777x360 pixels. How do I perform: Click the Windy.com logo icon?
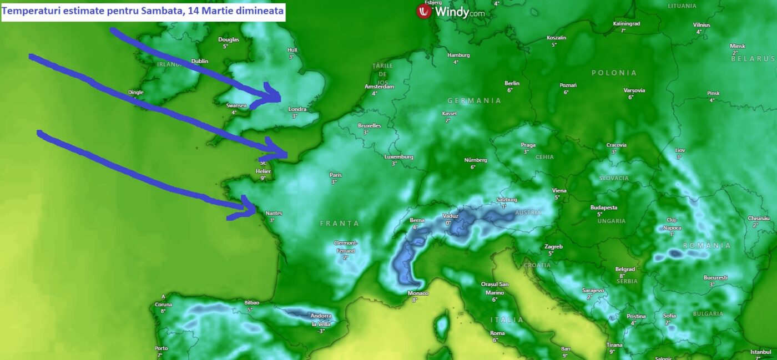tap(425, 12)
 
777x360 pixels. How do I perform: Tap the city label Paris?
tap(335, 175)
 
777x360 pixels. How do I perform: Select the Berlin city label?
tap(512, 83)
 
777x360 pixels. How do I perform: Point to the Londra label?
tap(297, 109)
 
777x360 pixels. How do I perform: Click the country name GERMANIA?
tap(475, 101)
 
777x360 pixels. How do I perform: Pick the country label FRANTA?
tap(340, 224)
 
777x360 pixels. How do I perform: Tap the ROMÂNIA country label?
tap(707, 245)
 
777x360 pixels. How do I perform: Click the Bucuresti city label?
tap(715, 277)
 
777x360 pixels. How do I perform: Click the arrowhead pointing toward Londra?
tap(274, 95)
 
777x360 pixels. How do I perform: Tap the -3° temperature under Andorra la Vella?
tap(321, 331)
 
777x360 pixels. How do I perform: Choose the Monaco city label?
tap(417, 293)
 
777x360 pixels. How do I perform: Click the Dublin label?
tap(199, 61)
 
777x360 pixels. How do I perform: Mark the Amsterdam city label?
tap(379, 87)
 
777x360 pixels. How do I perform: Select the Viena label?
tap(559, 191)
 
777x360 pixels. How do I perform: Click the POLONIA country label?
tap(614, 73)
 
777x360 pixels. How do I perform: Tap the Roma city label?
tap(497, 333)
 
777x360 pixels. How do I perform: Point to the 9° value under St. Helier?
tap(263, 178)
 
